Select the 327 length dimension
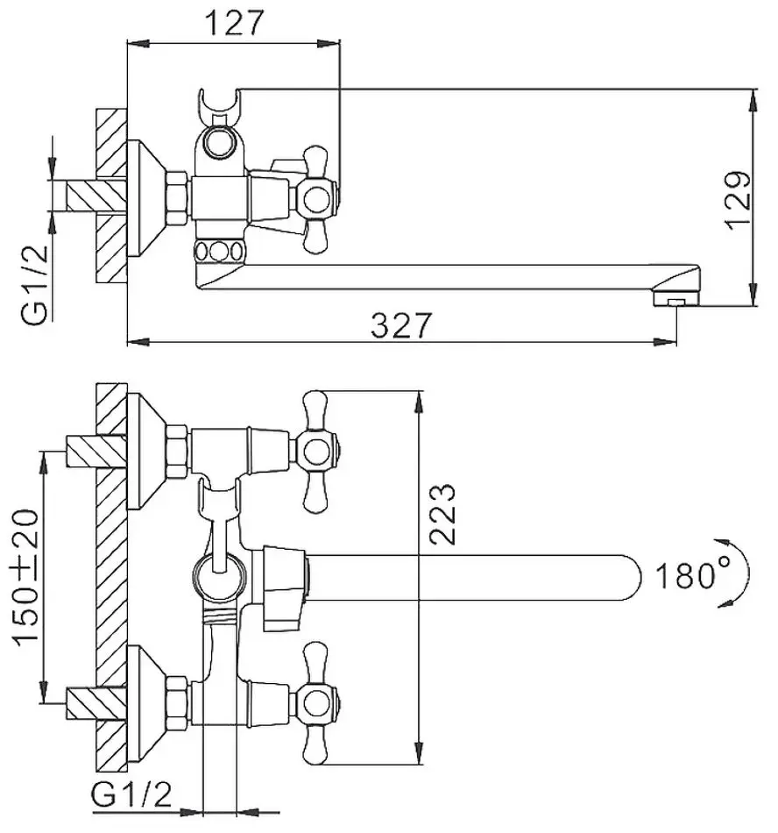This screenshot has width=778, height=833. (401, 325)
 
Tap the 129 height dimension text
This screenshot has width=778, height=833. (739, 200)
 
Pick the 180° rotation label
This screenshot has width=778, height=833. (686, 575)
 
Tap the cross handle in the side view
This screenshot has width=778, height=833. (316, 199)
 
